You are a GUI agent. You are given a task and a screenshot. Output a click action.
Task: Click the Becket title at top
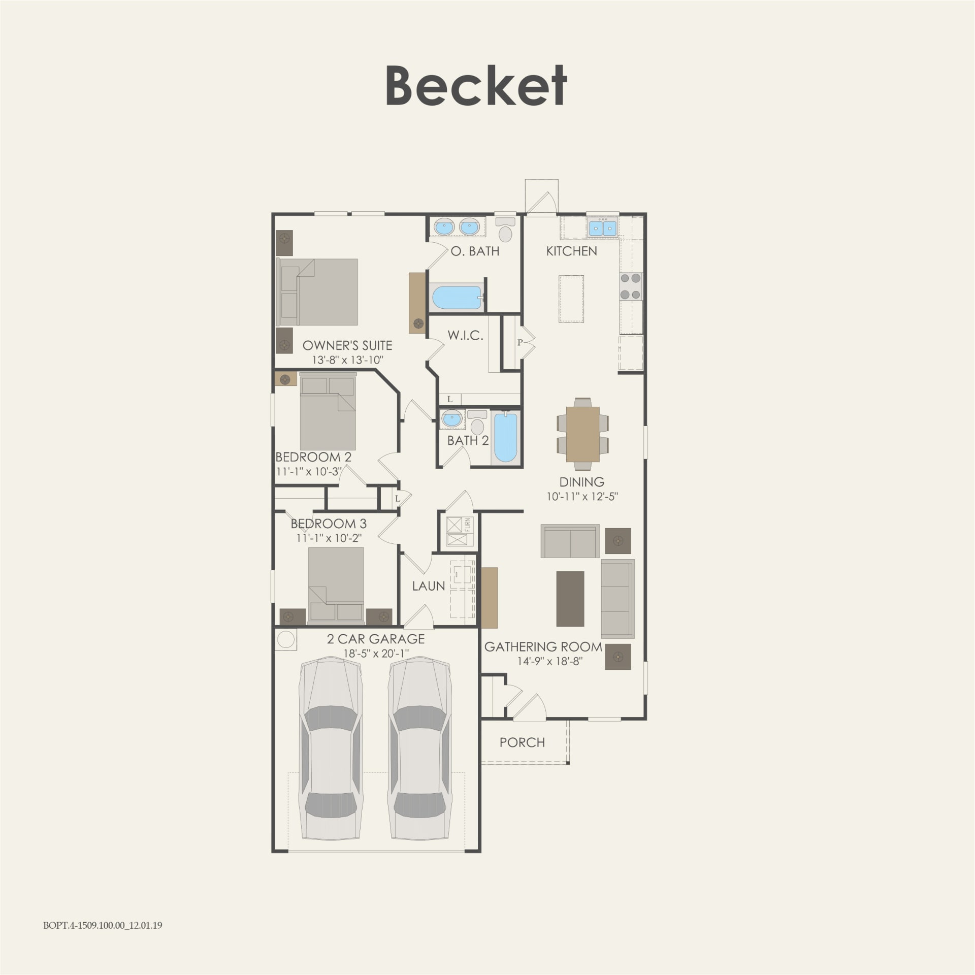(476, 85)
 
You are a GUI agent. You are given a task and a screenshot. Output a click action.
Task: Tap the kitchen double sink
(602, 228)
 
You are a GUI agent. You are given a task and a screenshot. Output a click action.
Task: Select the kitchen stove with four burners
(630, 286)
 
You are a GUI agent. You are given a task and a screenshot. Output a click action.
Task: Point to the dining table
(582, 434)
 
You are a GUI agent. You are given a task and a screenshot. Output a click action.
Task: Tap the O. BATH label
(475, 251)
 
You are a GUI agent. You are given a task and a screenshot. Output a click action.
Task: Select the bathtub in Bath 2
(505, 438)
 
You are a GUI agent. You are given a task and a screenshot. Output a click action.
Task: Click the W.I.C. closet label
(465, 335)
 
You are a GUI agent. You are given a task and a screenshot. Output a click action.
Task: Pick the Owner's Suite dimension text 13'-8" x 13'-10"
(347, 360)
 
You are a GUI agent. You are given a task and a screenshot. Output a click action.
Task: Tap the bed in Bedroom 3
(336, 584)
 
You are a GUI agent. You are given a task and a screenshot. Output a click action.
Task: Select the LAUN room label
(428, 586)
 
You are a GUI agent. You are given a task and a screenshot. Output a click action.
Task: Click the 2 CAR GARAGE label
(376, 639)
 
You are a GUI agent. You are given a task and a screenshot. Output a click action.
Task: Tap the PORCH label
(522, 742)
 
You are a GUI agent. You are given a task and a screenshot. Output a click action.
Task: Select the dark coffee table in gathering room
(570, 599)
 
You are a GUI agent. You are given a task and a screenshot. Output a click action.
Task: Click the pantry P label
(519, 343)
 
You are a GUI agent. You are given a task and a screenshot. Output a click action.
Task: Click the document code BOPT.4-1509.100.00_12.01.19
(103, 939)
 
